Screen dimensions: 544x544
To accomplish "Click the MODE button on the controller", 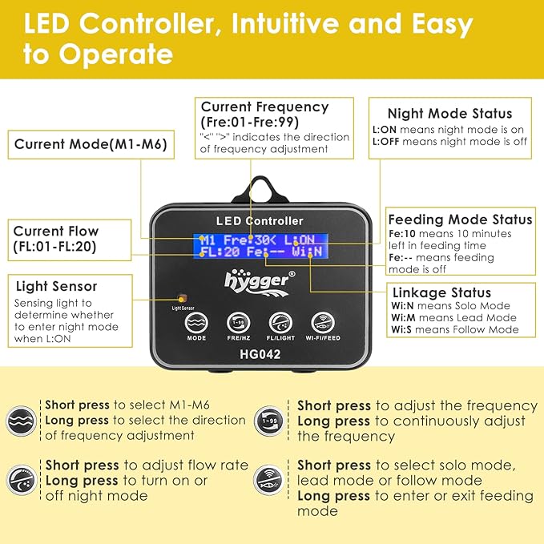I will (x=196, y=322).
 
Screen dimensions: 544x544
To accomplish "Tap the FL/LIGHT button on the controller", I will (x=280, y=322).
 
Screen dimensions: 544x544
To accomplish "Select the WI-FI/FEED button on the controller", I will (x=322, y=322).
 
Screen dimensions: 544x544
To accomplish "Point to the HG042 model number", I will (x=259, y=355).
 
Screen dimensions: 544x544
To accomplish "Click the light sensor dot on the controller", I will (x=181, y=296).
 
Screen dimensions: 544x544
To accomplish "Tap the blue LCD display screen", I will (x=260, y=245).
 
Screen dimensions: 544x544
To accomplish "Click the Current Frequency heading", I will (x=264, y=107).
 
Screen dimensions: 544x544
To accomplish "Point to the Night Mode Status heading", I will (x=449, y=113).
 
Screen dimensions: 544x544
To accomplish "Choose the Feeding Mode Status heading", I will (x=460, y=219).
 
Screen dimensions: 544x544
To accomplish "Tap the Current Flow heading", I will (x=55, y=231).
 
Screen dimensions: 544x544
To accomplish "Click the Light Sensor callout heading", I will (x=56, y=286).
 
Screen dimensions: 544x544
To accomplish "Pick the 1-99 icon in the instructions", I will (x=269, y=420).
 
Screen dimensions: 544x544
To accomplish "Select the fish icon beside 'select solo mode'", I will (x=269, y=481).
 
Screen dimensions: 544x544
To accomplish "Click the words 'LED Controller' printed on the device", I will (x=260, y=220).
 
